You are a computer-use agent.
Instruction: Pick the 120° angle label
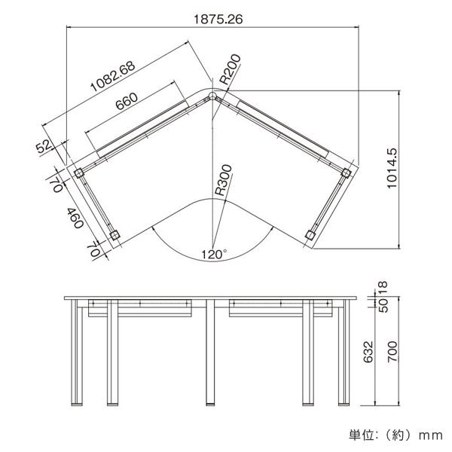pyautogui.click(x=214, y=255)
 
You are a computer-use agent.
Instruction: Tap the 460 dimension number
pyautogui.click(x=74, y=218)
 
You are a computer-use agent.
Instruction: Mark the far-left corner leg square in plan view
pyautogui.click(x=79, y=173)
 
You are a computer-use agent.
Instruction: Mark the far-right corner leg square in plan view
pyautogui.click(x=346, y=173)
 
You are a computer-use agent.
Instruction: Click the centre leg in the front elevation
pyautogui.click(x=209, y=353)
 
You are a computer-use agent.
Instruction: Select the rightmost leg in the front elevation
pyautogui.click(x=344, y=353)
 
